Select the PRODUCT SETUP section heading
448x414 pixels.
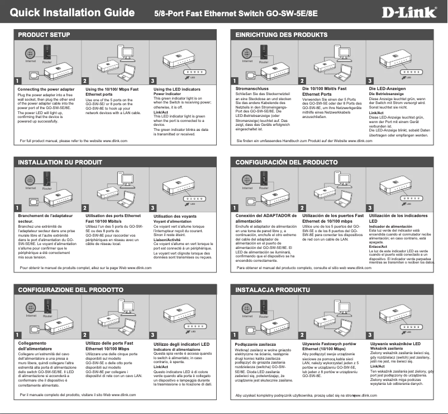pyautogui.click(x=44, y=35)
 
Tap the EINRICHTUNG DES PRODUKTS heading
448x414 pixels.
pyautogui.click(x=282, y=35)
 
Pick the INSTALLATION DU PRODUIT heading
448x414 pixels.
pyautogui.click(x=60, y=162)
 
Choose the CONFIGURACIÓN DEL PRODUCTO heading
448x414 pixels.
pyautogui.click(x=287, y=162)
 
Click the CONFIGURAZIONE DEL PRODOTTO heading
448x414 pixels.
pyautogui.click(x=71, y=290)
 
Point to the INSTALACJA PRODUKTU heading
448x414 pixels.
pyautogui.click(x=272, y=290)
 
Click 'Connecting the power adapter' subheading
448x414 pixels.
pyautogui.click(x=46, y=89)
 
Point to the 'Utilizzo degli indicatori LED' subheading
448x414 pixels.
pyautogui.click(x=181, y=343)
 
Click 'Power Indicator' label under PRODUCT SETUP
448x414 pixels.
pyautogui.click(x=168, y=94)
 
